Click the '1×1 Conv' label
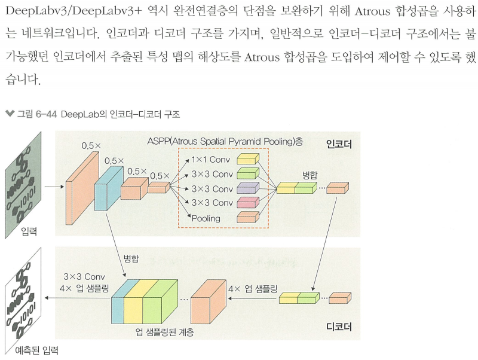212,160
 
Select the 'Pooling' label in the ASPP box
206,218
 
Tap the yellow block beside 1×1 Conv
248,160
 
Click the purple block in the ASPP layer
248,188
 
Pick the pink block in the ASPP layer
248,203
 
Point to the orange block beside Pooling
248,217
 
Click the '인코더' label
339,144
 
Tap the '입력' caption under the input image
29,231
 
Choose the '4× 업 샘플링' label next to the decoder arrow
253,289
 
